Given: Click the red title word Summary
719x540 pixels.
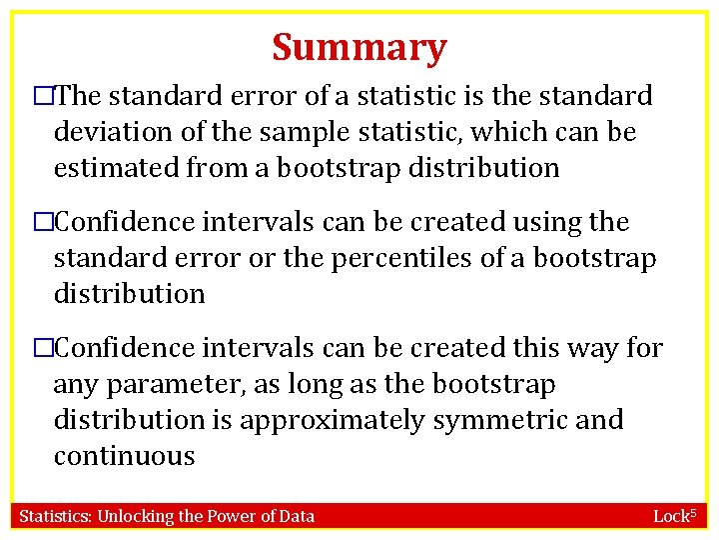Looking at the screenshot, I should tap(359, 47).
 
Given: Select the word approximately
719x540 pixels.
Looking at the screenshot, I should tap(332, 421).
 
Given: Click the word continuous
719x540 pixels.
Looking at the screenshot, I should tap(124, 457).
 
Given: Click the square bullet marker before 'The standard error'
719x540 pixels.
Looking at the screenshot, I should tap(43, 97).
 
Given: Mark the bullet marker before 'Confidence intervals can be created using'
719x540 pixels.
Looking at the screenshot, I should tap(43, 223).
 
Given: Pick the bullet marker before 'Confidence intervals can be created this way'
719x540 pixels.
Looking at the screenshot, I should tap(43, 349).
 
